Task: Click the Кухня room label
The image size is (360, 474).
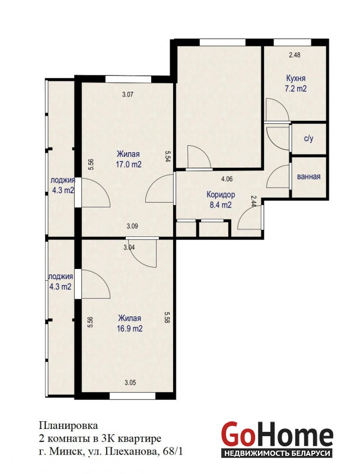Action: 295,78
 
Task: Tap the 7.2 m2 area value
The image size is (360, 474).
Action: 295,88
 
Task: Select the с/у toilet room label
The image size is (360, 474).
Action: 308,139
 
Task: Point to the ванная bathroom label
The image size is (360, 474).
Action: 308,177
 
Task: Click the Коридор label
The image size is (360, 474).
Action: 221,194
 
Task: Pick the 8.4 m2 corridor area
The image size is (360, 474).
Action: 221,205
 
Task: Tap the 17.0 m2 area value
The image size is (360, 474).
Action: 129,165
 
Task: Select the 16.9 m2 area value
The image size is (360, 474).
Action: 129,329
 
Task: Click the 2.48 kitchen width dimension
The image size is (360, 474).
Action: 295,55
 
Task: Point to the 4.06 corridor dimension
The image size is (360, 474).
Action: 227,179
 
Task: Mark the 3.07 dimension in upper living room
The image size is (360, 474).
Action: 128,94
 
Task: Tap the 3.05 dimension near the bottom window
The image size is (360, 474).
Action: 130,383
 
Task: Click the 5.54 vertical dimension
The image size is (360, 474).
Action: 167,157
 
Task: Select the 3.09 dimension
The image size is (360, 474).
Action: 132,226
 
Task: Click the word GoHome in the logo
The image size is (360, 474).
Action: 277,435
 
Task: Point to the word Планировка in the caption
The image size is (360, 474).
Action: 68,425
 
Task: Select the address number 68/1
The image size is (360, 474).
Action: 173,451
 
